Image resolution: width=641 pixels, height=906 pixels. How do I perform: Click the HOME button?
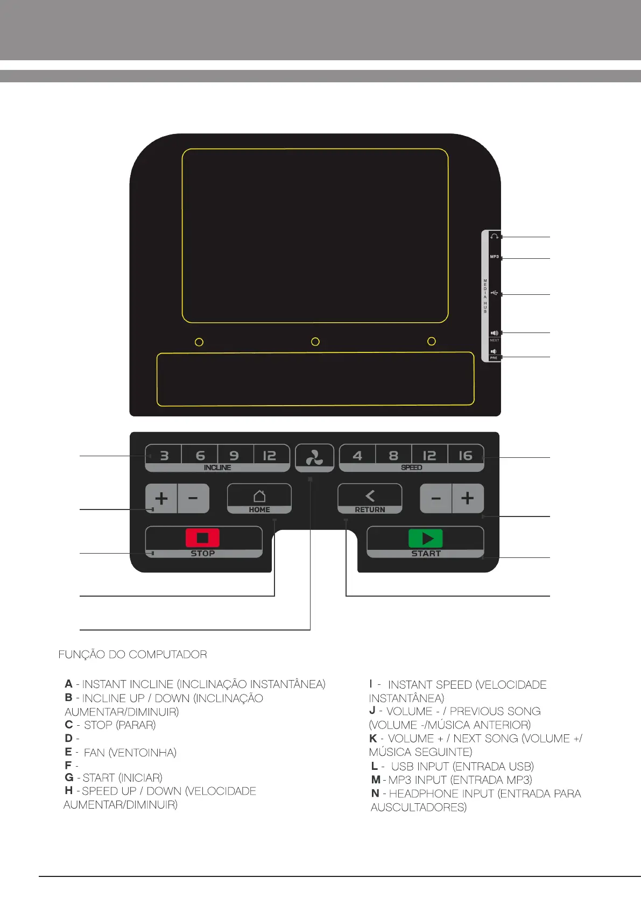pyautogui.click(x=259, y=498)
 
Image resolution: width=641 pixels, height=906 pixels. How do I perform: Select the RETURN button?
pyautogui.click(x=370, y=498)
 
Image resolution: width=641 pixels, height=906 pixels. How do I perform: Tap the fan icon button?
pyautogui.click(x=314, y=458)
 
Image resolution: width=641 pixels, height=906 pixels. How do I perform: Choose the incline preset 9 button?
pyautogui.click(x=234, y=456)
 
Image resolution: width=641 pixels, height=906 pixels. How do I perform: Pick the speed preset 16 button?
pyautogui.click(x=465, y=456)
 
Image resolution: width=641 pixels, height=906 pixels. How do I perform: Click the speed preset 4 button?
pyautogui.click(x=357, y=456)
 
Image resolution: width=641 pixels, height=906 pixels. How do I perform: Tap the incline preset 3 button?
pyautogui.click(x=164, y=456)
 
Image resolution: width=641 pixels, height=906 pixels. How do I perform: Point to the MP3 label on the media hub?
pyautogui.click(x=494, y=257)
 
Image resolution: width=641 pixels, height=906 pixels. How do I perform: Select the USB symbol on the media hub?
pyautogui.click(x=495, y=293)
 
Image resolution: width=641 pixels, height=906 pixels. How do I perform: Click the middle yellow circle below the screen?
pyautogui.click(x=315, y=342)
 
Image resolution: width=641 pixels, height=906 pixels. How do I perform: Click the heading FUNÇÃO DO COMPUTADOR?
pyautogui.click(x=132, y=655)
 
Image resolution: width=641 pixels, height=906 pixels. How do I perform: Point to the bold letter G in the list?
pyautogui.click(x=69, y=777)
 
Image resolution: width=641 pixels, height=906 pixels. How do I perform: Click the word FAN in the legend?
pyautogui.click(x=94, y=753)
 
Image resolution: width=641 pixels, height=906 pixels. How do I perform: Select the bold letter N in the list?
pyautogui.click(x=375, y=794)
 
